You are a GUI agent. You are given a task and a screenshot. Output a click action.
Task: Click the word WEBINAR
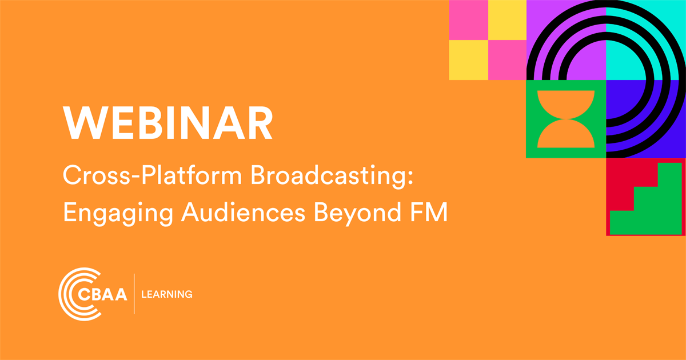(x=167, y=123)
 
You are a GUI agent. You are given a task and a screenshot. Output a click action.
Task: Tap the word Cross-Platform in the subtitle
(x=151, y=178)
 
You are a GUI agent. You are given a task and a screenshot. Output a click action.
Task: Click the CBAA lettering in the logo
(x=106, y=294)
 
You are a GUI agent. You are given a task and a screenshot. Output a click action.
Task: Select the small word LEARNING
(x=166, y=294)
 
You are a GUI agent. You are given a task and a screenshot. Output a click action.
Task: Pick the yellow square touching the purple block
(x=507, y=20)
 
